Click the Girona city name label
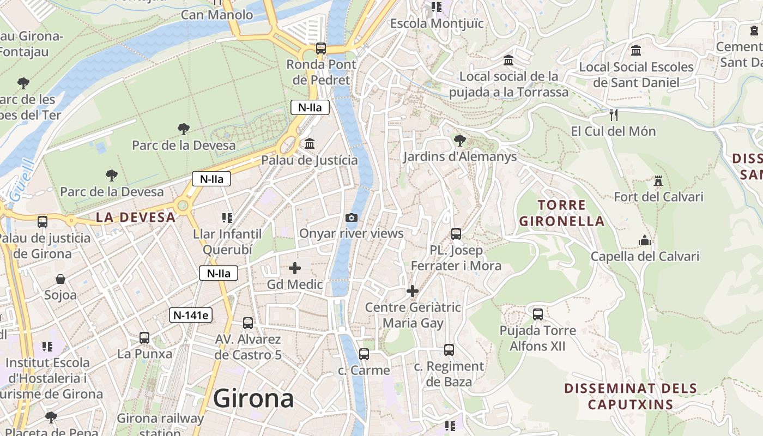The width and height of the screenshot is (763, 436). pos(253,398)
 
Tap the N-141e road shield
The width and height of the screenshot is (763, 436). pos(190,315)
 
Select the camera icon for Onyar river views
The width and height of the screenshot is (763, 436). pos(352,218)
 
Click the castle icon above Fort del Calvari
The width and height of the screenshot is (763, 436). pos(658,181)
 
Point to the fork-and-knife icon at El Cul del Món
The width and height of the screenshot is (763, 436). pos(613,115)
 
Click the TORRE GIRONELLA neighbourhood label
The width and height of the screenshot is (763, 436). pos(561,213)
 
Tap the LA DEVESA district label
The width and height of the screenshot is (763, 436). pos(136,217)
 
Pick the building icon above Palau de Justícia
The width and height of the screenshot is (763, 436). pos(310,144)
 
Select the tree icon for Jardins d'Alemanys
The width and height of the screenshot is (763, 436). pos(459,141)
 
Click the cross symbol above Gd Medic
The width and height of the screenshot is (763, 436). pos(295,268)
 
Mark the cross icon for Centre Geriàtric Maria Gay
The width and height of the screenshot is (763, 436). pos(413,291)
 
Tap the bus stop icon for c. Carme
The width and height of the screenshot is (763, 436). pos(364,354)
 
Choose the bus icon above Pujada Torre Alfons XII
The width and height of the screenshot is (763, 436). pos(538,314)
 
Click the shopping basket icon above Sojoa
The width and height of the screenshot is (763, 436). pos(60,279)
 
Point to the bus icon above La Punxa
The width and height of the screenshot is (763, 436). pos(144,338)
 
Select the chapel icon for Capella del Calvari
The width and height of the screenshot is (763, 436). pos(645,240)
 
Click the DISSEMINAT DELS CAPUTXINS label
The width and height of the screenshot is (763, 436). pos(631,396)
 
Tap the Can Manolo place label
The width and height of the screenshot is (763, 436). pos(217,15)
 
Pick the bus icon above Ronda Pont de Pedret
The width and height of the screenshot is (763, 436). pos(321,48)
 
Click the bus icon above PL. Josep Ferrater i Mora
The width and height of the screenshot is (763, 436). pos(456,234)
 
